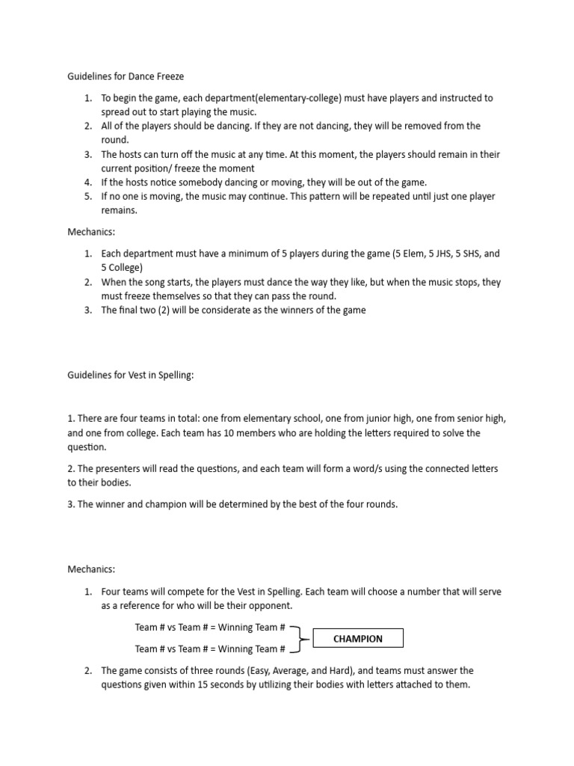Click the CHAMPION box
[358, 638]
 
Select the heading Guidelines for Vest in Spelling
[131, 376]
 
